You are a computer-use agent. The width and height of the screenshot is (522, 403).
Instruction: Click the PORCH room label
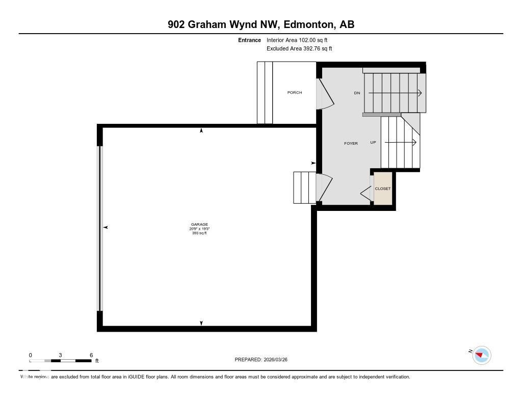pos(295,93)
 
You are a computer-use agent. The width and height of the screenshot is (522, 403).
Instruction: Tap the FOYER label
pos(351,143)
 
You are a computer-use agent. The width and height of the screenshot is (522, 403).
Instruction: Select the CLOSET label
pos(383,189)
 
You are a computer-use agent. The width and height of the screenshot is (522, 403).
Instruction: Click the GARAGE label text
pos(199,225)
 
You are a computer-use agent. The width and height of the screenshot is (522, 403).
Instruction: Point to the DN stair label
pos(357,93)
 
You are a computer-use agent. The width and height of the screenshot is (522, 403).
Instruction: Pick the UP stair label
pos(373,143)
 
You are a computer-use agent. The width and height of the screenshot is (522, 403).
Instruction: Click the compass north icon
pos(481,355)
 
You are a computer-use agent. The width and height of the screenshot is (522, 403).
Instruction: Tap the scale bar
pos(60,361)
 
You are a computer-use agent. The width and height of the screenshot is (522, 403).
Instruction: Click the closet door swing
pos(366,193)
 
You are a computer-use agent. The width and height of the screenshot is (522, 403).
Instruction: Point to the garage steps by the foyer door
pos(304,187)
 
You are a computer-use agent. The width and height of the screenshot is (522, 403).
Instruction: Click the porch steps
pos(265,93)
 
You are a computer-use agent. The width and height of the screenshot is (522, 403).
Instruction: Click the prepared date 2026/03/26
pos(279,360)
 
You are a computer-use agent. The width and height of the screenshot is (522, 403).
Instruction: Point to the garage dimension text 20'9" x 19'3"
pos(199,229)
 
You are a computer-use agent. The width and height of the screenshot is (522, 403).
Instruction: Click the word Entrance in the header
pos(249,40)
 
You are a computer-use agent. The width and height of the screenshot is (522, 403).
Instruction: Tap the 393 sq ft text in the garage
pos(199,233)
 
